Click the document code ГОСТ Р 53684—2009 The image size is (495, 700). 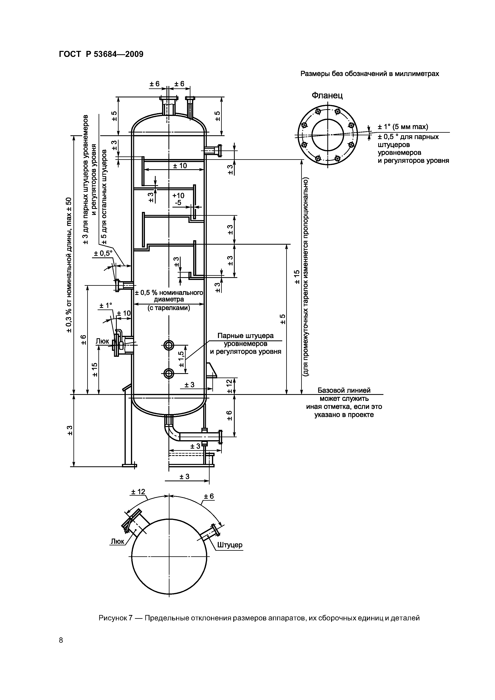click(101, 54)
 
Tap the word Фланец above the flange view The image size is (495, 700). click(327, 95)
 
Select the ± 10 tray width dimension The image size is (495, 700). click(180, 166)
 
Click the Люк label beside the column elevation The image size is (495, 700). click(102, 341)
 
